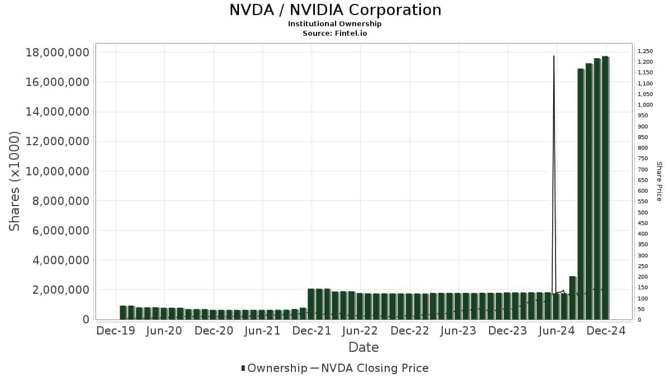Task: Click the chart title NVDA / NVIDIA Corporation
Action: click(x=335, y=10)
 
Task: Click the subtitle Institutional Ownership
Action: click(x=335, y=23)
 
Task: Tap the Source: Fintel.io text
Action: click(x=335, y=33)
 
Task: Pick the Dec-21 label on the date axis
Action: click(x=312, y=331)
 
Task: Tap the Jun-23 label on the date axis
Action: click(x=458, y=331)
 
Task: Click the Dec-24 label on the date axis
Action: click(x=606, y=331)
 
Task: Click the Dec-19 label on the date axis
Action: click(x=116, y=331)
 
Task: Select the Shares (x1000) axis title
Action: click(x=15, y=181)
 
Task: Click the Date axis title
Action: click(x=363, y=347)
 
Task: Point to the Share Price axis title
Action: click(x=659, y=181)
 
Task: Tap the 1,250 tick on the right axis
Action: click(x=645, y=51)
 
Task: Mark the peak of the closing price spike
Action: click(x=553, y=56)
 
